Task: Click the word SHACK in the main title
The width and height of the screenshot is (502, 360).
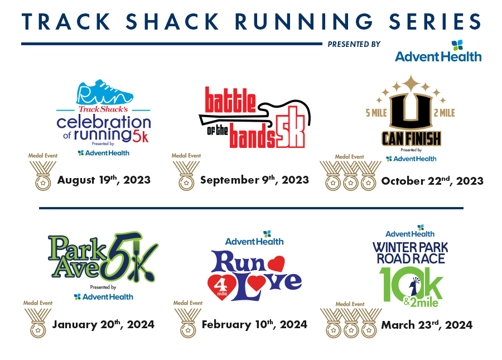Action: click(x=172, y=21)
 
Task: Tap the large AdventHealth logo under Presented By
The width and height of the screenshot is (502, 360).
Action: click(x=438, y=51)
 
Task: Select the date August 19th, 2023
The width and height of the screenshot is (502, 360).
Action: click(x=104, y=180)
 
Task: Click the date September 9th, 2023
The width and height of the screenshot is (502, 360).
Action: click(x=254, y=180)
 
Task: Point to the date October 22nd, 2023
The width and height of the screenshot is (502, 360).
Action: click(x=432, y=181)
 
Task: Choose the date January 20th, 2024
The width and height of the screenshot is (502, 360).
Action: click(x=103, y=324)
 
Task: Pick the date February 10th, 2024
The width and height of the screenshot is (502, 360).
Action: click(x=254, y=324)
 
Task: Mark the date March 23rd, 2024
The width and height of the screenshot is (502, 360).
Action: click(x=427, y=325)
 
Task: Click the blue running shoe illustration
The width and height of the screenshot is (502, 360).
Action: click(x=104, y=92)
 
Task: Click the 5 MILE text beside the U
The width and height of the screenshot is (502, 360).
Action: click(x=376, y=113)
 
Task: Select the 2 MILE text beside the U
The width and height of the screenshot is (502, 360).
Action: click(x=445, y=113)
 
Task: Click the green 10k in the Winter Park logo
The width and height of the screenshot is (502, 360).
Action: click(x=411, y=285)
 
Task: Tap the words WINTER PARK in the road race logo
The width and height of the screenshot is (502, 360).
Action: click(x=411, y=248)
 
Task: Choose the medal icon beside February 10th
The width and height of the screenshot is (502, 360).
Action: click(x=188, y=323)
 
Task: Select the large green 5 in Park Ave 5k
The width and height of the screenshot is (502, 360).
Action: click(x=120, y=257)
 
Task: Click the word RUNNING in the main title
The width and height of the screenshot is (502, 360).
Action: click(x=304, y=21)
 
